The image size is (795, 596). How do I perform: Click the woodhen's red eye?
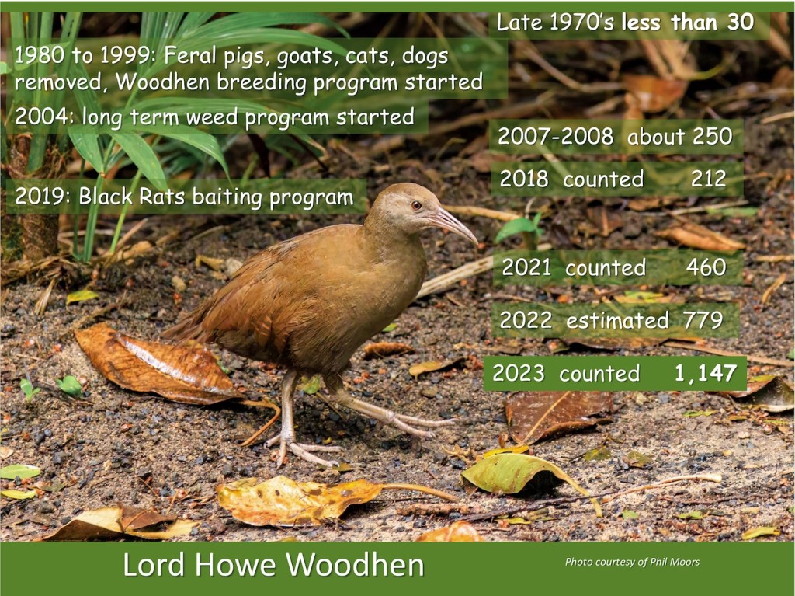click(x=416, y=205)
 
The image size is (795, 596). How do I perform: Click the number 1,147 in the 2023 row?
click(x=705, y=374)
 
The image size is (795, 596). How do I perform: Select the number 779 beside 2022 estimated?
click(x=703, y=320)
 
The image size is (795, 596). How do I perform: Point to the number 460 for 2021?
click(x=706, y=267)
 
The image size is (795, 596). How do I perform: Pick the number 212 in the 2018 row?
click(x=708, y=179)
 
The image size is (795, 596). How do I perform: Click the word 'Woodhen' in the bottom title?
click(x=354, y=565)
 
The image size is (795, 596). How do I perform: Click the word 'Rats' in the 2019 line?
click(x=161, y=197)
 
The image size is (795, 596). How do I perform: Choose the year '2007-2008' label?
click(x=556, y=137)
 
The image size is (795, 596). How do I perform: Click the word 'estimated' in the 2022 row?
click(x=617, y=321)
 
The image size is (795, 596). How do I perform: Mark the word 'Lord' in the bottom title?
click(x=154, y=565)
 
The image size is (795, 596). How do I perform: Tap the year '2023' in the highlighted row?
click(x=518, y=374)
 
